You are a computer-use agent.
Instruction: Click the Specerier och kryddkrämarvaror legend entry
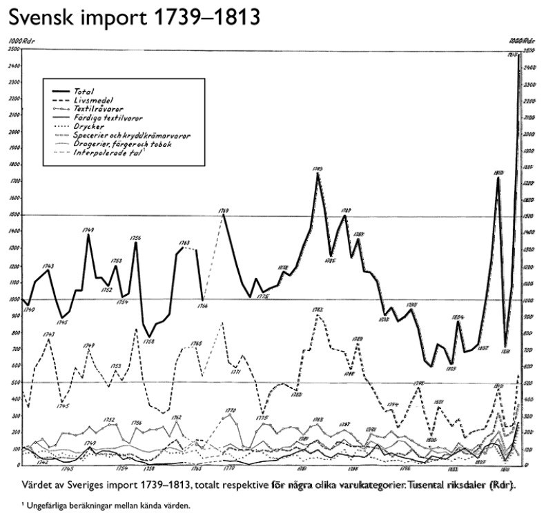point(130,135)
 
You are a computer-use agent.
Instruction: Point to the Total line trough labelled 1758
point(149,336)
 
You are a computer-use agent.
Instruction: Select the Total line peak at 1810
point(498,177)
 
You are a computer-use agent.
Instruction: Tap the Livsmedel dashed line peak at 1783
point(317,316)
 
